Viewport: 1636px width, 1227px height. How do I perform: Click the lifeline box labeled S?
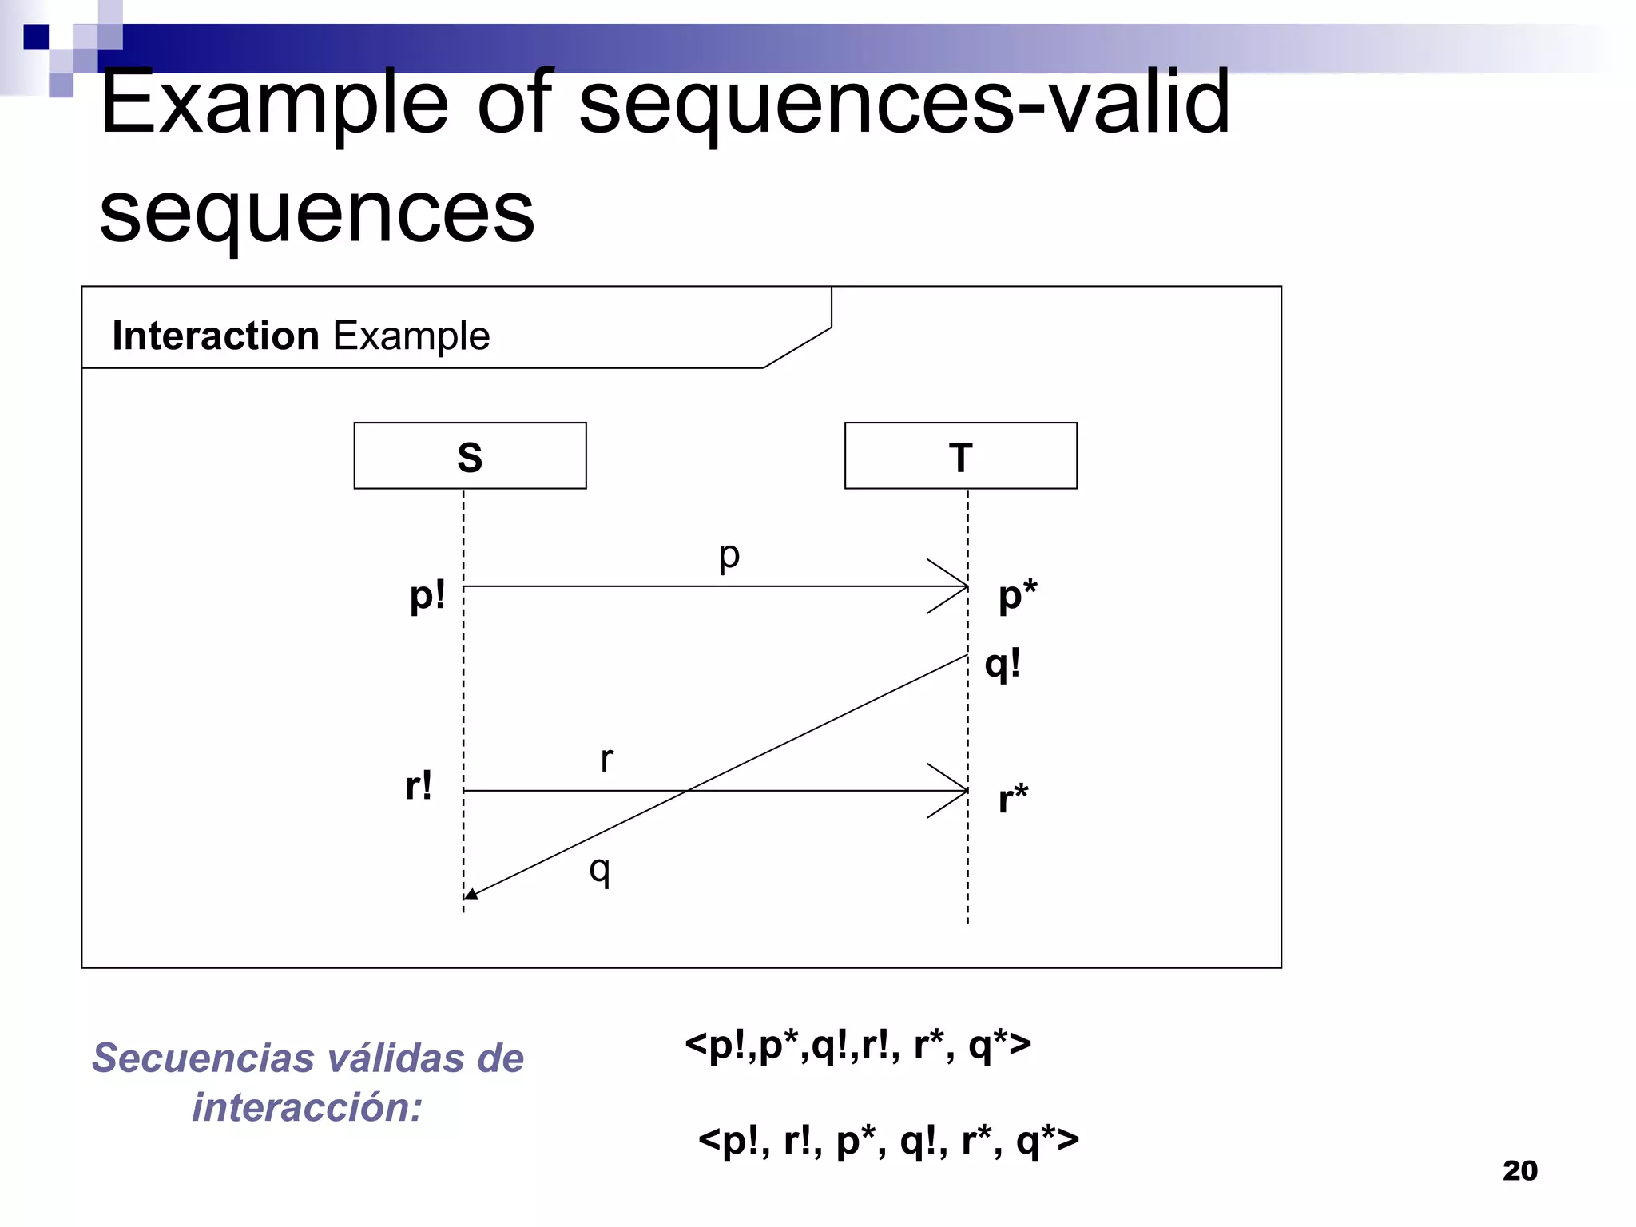[470, 455]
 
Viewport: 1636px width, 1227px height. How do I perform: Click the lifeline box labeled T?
[960, 455]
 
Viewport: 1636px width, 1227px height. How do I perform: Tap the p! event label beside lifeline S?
[427, 596]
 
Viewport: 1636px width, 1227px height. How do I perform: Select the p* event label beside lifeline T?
[1018, 596]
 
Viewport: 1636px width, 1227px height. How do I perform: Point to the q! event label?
[1003, 665]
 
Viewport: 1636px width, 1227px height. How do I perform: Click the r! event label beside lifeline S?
[419, 786]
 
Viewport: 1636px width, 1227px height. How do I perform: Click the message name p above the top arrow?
[729, 555]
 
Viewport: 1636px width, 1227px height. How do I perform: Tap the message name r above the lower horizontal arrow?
[607, 759]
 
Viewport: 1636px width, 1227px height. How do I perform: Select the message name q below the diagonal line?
[600, 869]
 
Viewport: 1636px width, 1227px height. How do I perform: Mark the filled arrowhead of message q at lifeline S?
[471, 895]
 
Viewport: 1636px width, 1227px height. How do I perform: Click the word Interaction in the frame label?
[216, 336]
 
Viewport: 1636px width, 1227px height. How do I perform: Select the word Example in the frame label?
[411, 336]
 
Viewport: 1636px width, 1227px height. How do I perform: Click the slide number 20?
[1519, 1171]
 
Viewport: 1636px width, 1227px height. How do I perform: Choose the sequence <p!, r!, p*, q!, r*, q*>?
[888, 1141]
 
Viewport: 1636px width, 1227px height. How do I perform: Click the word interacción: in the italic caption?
[307, 1108]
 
